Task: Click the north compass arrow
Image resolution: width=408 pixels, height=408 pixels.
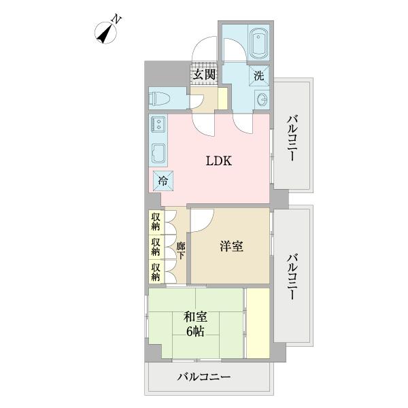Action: click(x=106, y=31)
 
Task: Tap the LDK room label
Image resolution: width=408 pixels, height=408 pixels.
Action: click(x=219, y=161)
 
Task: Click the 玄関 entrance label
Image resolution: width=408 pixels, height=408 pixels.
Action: click(x=204, y=75)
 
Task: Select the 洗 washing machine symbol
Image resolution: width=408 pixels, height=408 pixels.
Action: click(x=259, y=76)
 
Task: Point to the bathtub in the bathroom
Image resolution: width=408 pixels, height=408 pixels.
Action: click(x=258, y=44)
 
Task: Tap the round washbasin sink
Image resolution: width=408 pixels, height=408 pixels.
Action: click(x=262, y=101)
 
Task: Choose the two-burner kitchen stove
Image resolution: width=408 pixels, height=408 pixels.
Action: click(x=158, y=124)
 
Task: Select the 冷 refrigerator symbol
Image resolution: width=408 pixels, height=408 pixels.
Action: click(x=163, y=181)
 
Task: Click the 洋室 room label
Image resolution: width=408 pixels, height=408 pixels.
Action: click(x=231, y=246)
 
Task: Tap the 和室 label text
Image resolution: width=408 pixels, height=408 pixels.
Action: click(x=195, y=317)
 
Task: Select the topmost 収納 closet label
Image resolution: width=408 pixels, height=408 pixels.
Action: click(x=156, y=221)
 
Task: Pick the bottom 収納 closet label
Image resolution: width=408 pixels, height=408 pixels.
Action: click(x=156, y=271)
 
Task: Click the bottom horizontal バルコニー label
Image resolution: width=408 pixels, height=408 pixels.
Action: click(x=205, y=377)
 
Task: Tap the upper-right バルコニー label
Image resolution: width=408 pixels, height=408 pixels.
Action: click(x=292, y=138)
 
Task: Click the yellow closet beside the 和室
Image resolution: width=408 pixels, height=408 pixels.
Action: click(x=258, y=322)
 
